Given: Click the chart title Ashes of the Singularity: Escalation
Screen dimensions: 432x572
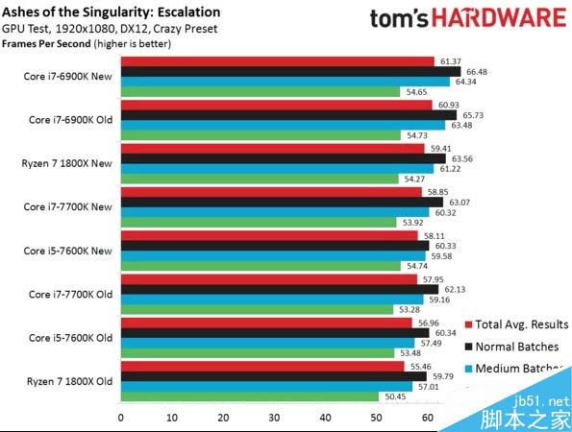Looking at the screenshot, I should tap(111, 12).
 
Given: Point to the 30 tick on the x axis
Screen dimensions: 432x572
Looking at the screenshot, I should tap(275, 418).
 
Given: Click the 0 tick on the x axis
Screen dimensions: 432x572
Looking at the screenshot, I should tap(120, 418).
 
